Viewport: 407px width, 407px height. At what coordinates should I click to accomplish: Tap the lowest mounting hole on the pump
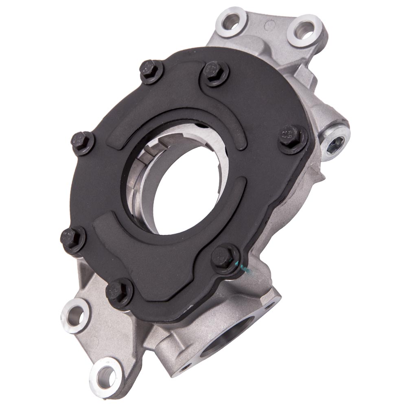pos(105,372)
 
